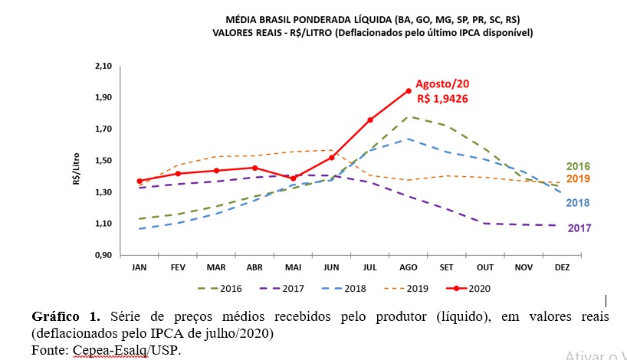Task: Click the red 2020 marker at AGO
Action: click(409, 91)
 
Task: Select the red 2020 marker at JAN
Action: click(140, 182)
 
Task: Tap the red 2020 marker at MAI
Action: click(293, 178)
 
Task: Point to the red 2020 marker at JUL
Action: click(370, 119)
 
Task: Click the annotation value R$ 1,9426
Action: click(443, 98)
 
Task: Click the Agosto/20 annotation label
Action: click(442, 83)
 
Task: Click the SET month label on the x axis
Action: click(447, 267)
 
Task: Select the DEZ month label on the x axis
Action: click(562, 267)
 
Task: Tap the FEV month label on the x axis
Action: click(178, 267)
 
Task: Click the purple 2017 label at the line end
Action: click(579, 228)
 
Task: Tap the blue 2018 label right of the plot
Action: click(578, 203)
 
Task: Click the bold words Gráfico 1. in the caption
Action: click(66, 316)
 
